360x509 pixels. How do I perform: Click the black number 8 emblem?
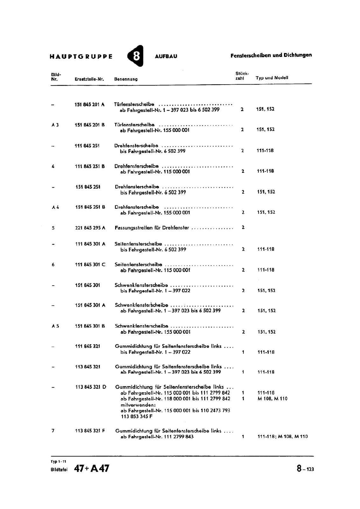[x=135, y=56]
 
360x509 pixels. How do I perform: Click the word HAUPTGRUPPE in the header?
[x=81, y=57]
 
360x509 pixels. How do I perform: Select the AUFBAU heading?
[x=166, y=56]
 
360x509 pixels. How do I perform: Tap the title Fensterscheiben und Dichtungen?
[x=271, y=55]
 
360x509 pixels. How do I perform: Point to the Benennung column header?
[x=126, y=79]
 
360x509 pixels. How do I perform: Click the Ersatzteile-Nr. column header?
[x=89, y=79]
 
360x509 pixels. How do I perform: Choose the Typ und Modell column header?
[x=272, y=78]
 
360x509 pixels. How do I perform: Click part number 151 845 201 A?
[x=89, y=104]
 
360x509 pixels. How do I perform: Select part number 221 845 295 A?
[x=90, y=228]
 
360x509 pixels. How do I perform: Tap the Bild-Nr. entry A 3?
[x=55, y=125]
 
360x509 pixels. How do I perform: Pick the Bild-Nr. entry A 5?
[x=55, y=326]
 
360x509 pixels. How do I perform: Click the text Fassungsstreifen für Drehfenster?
[x=152, y=228]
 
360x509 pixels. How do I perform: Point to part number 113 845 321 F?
[x=90, y=431]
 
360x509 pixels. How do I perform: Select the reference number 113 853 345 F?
[x=137, y=416]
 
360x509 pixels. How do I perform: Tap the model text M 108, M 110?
[x=272, y=399]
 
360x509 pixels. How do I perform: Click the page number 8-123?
[x=305, y=469]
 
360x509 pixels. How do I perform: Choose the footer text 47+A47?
[x=92, y=469]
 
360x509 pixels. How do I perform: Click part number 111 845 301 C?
[x=90, y=265]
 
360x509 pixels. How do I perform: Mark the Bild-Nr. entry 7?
[x=53, y=431]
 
